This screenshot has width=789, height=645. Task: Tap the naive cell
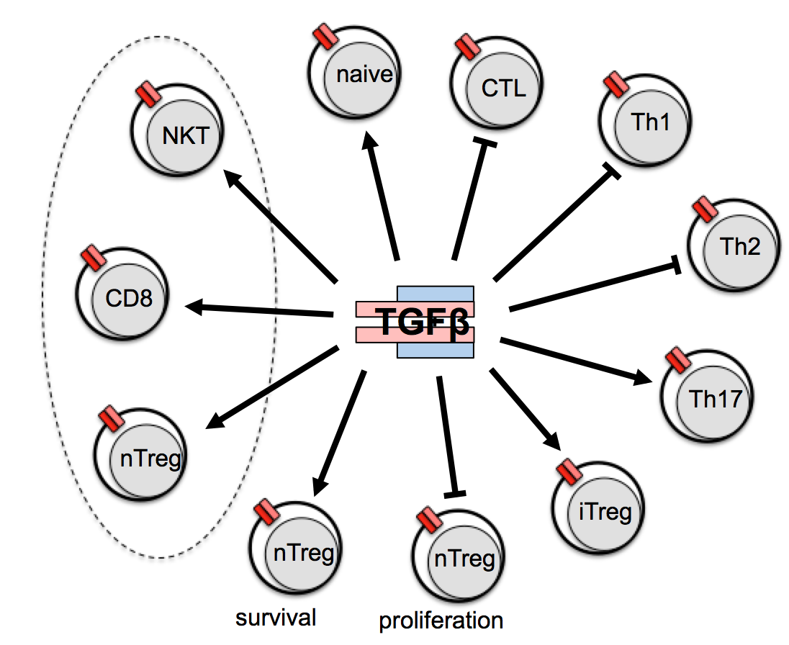pos(354,74)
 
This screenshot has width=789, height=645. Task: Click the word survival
pos(277,618)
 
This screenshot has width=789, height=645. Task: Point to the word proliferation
pos(441,620)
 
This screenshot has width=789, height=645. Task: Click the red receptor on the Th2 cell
pos(705,209)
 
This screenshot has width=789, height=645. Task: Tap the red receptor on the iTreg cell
pos(570,473)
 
